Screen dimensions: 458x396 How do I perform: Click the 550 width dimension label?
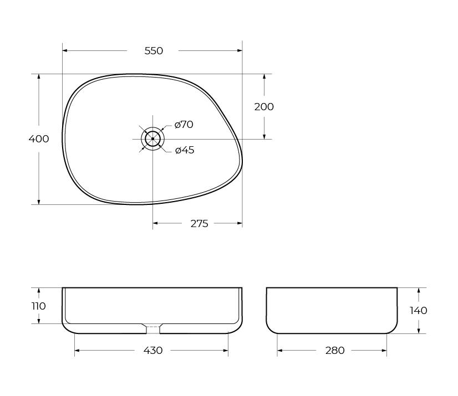tap(154, 51)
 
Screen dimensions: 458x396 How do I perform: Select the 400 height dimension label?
tap(39, 138)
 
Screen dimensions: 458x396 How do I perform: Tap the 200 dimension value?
tap(264, 107)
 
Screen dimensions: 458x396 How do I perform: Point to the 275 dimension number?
tap(199, 224)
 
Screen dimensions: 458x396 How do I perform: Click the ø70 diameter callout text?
tap(184, 125)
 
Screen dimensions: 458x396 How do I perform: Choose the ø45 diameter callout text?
tap(185, 150)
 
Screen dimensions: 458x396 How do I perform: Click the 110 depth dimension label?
tap(39, 306)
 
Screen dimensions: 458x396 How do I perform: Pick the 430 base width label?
tap(153, 350)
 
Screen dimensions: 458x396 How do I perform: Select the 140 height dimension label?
tap(419, 311)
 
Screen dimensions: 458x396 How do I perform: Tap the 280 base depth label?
tap(335, 350)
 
